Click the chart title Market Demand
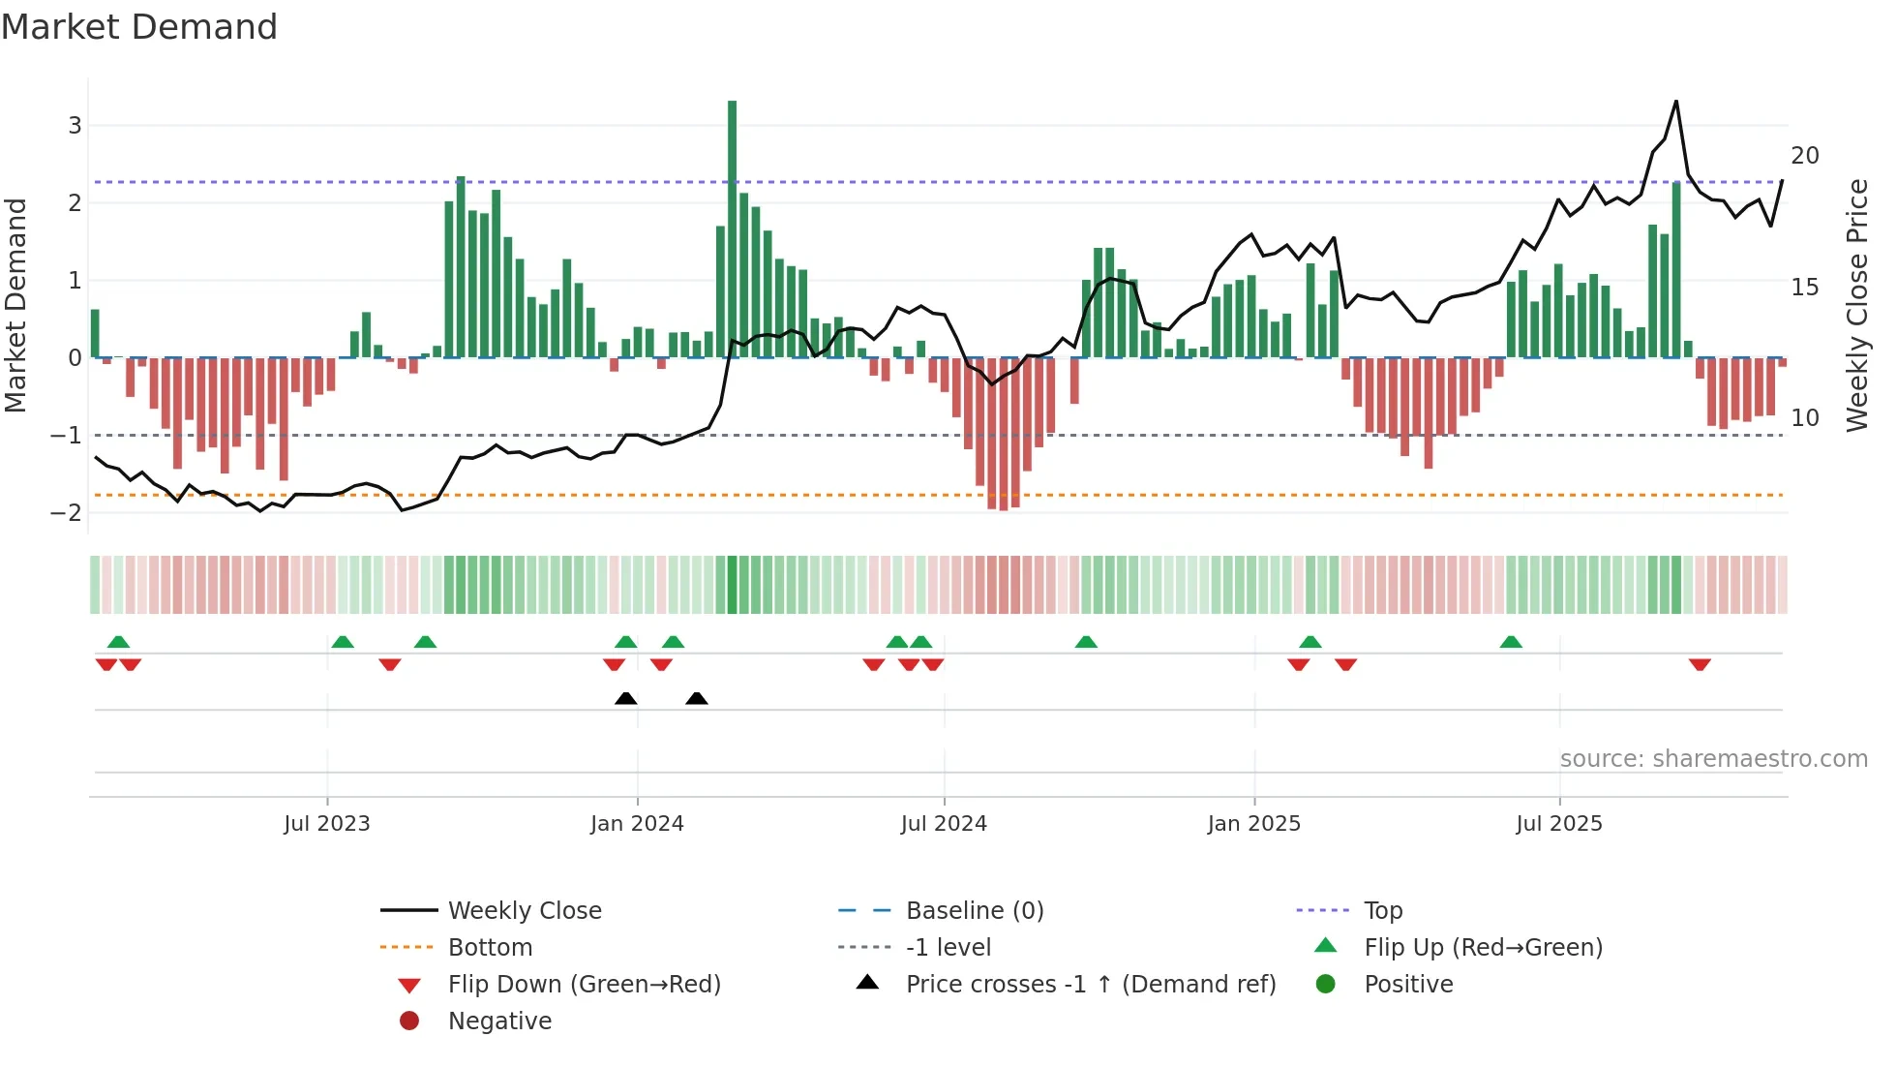tap(139, 27)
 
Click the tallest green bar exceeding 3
tap(732, 228)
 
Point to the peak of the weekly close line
tap(1675, 102)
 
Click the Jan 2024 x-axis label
tap(637, 824)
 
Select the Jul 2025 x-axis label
tap(1558, 824)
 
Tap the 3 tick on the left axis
tap(75, 125)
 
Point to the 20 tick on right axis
tap(1804, 155)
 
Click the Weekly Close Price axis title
tap(1856, 305)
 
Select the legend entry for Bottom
tap(490, 947)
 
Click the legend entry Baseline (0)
tap(974, 910)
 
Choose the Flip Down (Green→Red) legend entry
tap(584, 984)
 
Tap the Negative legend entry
tap(499, 1021)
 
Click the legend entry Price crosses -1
tap(1090, 984)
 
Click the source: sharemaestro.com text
tap(1713, 758)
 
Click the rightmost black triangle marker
tap(696, 698)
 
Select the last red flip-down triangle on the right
tap(1700, 664)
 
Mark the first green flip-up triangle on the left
tap(118, 641)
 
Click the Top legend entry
tap(1382, 910)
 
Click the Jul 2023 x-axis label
tap(327, 824)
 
